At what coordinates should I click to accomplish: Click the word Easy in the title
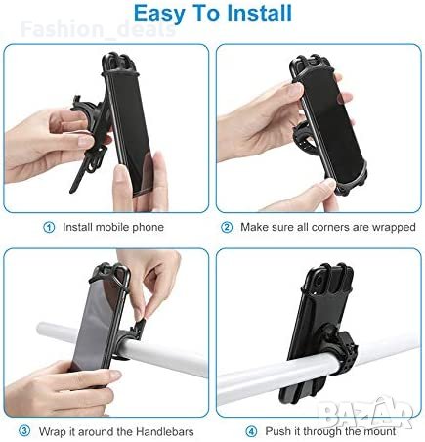click(158, 14)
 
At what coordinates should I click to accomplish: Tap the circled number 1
click(49, 227)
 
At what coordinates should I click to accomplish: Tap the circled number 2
click(227, 227)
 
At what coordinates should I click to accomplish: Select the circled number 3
click(24, 431)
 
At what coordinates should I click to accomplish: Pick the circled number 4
click(251, 431)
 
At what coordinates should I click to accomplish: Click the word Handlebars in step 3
click(165, 432)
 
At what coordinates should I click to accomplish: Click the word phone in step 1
click(148, 228)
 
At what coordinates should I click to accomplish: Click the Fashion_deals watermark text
click(98, 29)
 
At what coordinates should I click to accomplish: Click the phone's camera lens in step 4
click(319, 281)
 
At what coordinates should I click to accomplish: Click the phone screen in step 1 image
click(130, 130)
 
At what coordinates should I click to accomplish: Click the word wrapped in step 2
click(394, 228)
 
